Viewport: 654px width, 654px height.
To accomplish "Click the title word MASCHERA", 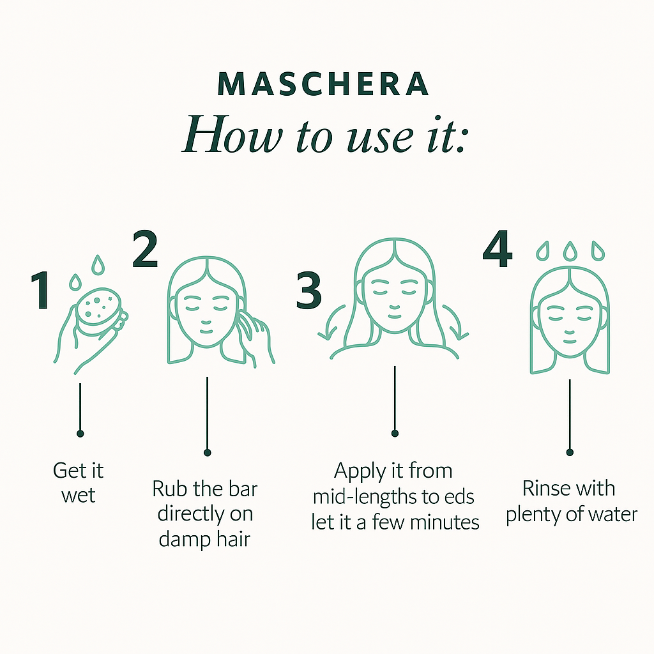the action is coord(323,84).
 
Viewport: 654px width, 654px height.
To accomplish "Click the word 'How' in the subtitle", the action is coord(232,134).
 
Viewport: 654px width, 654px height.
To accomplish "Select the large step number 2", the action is coord(145,249).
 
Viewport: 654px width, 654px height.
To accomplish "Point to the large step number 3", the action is coord(308,291).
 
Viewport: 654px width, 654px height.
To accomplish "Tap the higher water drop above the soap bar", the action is coord(98,265).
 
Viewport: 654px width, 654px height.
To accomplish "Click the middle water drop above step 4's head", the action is coord(570,251).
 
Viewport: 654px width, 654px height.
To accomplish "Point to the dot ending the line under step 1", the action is coord(80,434).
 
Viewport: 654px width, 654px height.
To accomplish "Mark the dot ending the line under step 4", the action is coord(570,452).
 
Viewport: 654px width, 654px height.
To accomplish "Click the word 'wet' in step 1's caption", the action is coord(79,496).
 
